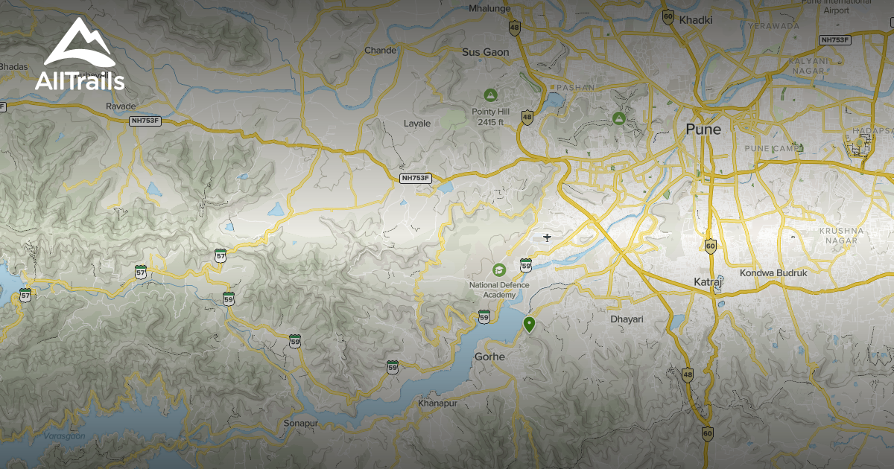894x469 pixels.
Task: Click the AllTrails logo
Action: click(79, 56)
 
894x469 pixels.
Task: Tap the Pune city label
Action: click(703, 130)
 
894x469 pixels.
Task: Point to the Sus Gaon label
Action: click(485, 52)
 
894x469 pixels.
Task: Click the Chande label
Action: click(380, 51)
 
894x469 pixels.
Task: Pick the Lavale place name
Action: click(417, 123)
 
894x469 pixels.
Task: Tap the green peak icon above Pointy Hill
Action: click(490, 95)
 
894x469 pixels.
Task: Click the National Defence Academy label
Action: click(499, 290)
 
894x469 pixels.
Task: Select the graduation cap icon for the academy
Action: click(499, 269)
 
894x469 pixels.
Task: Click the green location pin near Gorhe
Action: click(528, 324)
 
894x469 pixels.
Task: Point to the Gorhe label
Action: click(489, 357)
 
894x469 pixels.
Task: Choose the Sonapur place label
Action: click(301, 423)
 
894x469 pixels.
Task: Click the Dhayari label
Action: click(627, 319)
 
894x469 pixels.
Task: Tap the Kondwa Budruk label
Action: click(773, 273)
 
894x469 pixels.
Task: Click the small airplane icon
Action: click(548, 237)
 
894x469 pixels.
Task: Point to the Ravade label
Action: click(121, 106)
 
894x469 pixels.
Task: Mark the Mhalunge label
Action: click(488, 9)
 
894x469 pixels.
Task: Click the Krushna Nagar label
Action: click(841, 236)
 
